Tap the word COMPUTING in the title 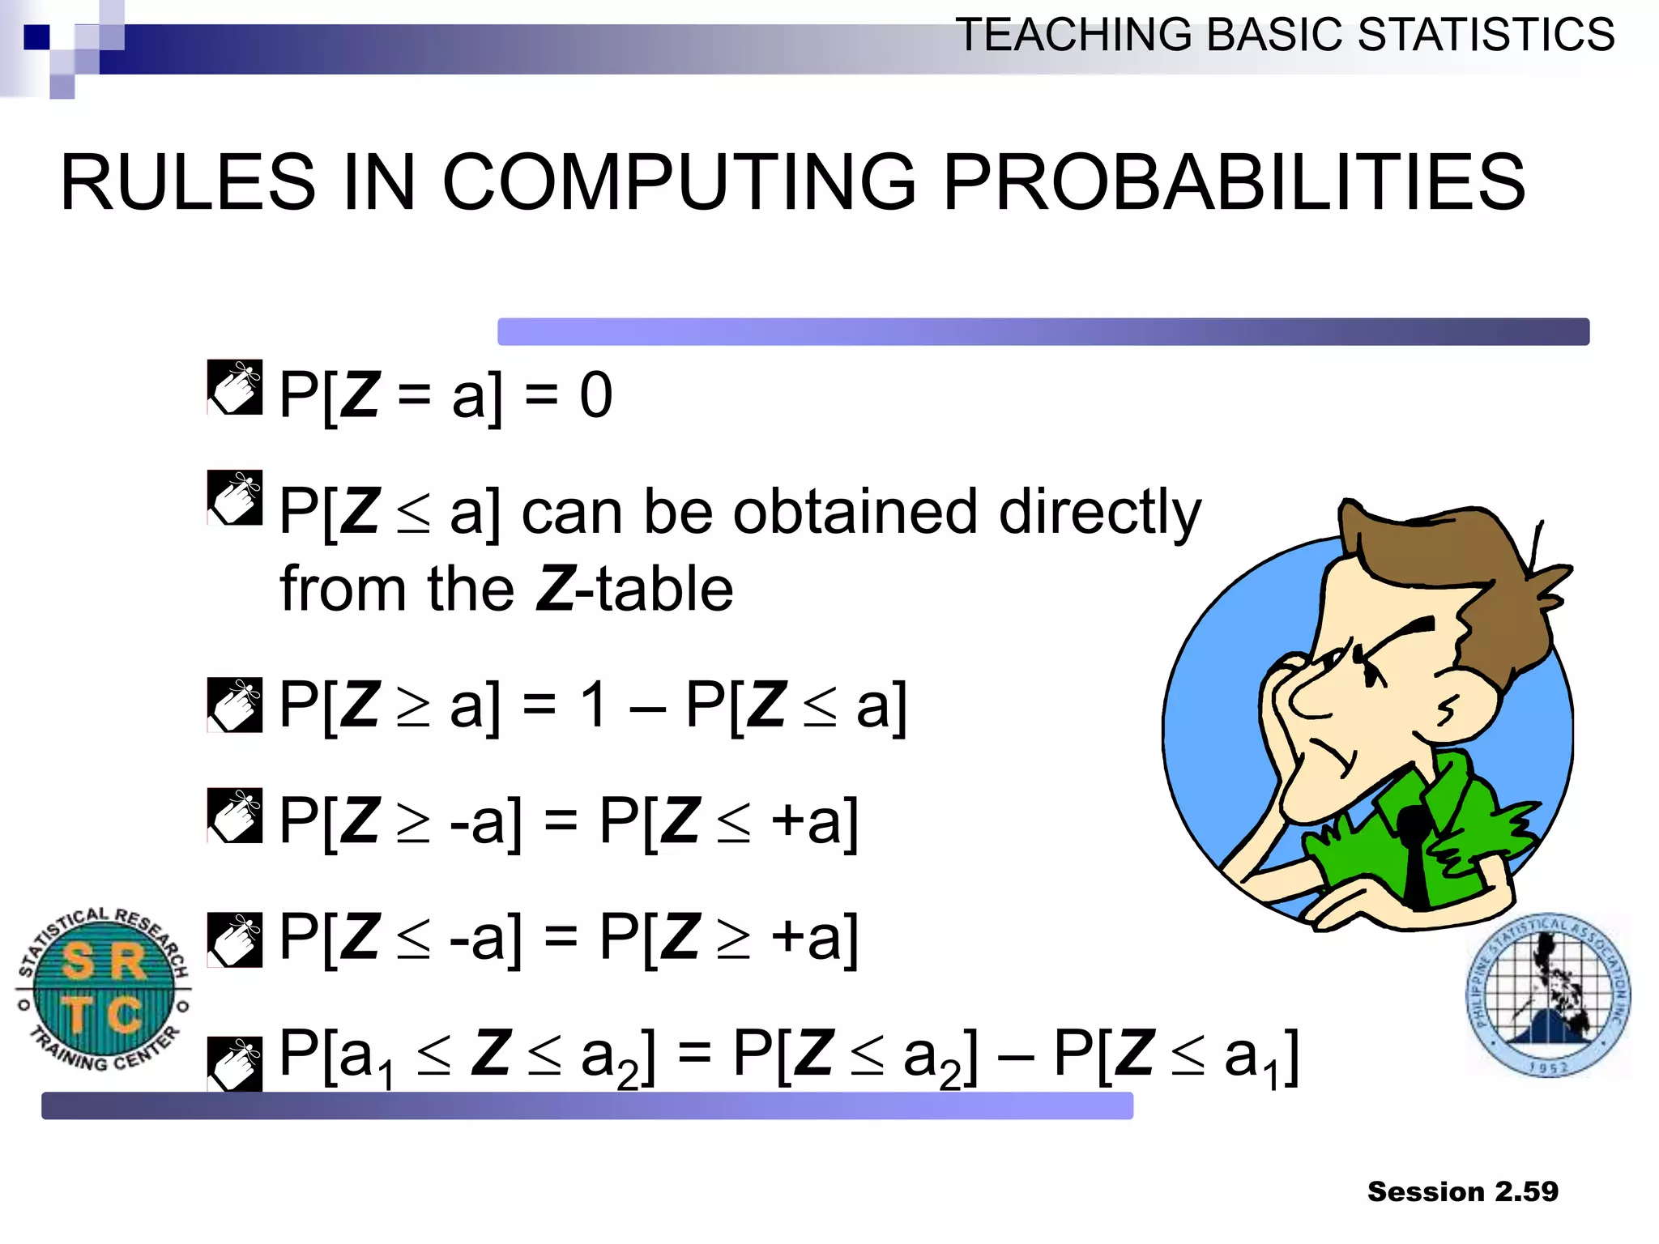point(679,183)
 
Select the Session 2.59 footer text point(1462,1191)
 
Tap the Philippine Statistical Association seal point(1548,996)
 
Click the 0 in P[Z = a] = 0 point(595,395)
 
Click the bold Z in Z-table point(556,589)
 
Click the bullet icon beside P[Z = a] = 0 point(235,387)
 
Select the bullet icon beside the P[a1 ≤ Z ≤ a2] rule point(235,1063)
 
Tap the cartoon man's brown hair point(1458,567)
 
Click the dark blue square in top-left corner point(36,37)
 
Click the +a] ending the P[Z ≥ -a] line point(814,822)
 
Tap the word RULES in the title point(188,183)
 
